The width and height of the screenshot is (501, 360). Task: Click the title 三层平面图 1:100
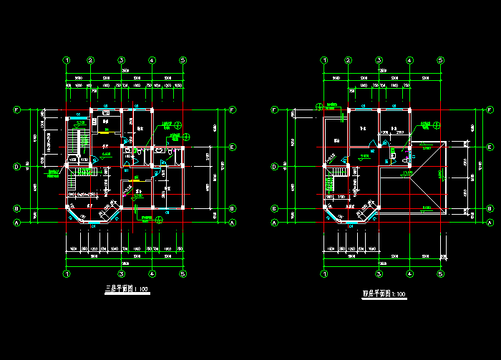click(127, 289)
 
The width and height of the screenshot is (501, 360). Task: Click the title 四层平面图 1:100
click(384, 293)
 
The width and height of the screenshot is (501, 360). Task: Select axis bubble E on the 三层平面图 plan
click(233, 147)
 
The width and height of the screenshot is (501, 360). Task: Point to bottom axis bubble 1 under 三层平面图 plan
click(66, 273)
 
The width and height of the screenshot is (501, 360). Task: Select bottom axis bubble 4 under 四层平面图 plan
click(409, 273)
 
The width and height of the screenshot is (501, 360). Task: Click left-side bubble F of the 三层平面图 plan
click(17, 110)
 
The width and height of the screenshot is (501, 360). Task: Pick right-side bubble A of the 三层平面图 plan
click(233, 223)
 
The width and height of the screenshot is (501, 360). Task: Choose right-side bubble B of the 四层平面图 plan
click(490, 208)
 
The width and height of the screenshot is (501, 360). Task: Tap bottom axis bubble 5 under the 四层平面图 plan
click(440, 273)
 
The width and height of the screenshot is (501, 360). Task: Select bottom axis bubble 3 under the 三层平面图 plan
click(122, 273)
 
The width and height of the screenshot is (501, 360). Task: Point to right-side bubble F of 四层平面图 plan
click(490, 110)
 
